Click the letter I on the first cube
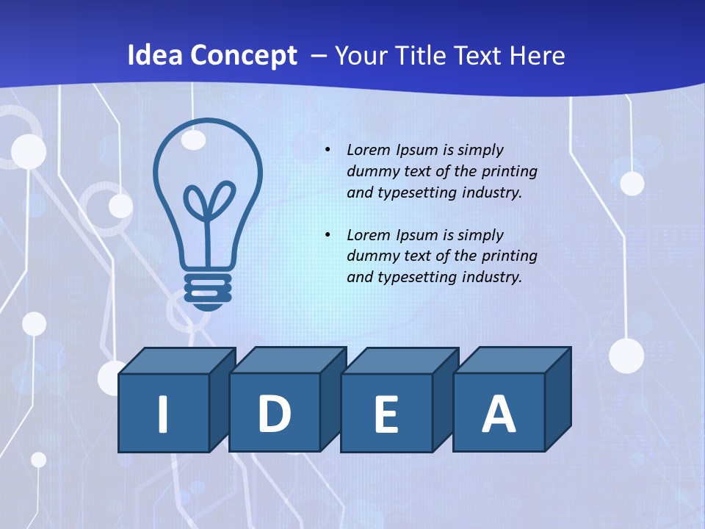click(x=163, y=414)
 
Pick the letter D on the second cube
click(x=274, y=414)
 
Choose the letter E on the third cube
click(x=386, y=414)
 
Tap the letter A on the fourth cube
click(x=498, y=414)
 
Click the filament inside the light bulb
click(x=209, y=206)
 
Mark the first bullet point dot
click(x=328, y=150)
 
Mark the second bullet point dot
click(x=328, y=235)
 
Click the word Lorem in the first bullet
click(x=369, y=150)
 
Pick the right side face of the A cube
click(x=558, y=400)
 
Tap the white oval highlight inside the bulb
click(x=193, y=140)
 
